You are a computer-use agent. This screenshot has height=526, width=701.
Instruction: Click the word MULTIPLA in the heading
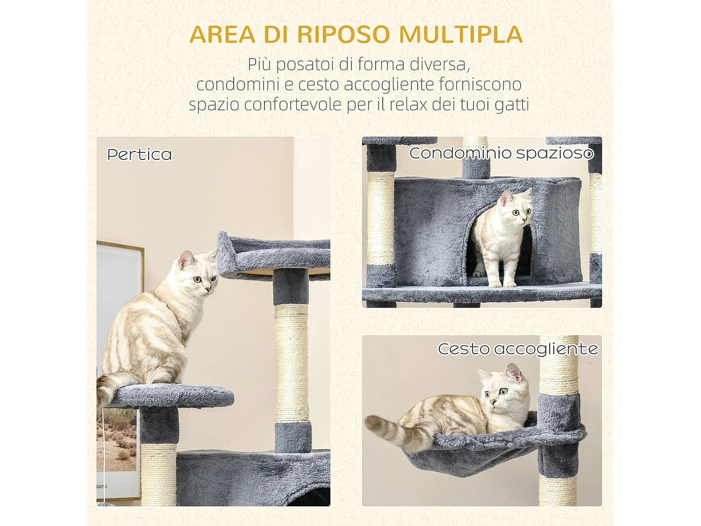(461, 35)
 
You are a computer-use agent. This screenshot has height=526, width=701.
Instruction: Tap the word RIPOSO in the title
(343, 35)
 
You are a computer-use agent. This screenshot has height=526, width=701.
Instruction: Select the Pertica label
(139, 154)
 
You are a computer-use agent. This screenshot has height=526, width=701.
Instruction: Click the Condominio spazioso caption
(501, 153)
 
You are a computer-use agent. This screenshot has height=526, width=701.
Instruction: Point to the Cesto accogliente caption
(517, 349)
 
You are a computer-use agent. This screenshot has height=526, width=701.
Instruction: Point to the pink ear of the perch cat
(186, 259)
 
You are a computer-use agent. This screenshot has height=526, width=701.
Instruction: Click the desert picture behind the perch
(119, 440)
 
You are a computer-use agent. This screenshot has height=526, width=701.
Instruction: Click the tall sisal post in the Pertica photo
(292, 362)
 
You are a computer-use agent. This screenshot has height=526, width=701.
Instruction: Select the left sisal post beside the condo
(380, 217)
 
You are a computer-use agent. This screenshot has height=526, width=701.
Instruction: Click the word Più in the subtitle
(259, 65)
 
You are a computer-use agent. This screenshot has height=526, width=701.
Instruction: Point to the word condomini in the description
(237, 85)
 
